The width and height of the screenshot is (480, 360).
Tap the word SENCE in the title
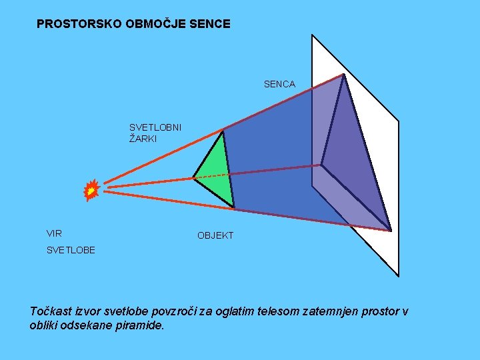point(210,24)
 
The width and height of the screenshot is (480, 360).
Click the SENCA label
point(279,85)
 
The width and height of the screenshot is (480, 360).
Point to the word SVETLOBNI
point(155,127)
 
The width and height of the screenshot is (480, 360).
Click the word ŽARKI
point(143,139)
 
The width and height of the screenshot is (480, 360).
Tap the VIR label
point(54,234)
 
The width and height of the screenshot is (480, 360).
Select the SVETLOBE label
point(71,251)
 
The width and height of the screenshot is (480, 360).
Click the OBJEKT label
point(215,236)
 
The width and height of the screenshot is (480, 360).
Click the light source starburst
point(91,191)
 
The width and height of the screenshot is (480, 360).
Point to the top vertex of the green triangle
point(223,130)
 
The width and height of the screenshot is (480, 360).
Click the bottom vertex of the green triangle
point(234,207)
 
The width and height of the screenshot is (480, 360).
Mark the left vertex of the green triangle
point(193,178)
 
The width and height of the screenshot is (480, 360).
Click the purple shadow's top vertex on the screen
point(343,74)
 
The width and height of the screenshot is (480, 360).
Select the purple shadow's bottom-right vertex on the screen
point(391,231)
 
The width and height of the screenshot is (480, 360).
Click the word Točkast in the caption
point(51,311)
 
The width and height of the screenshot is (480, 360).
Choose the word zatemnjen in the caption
point(337,311)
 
